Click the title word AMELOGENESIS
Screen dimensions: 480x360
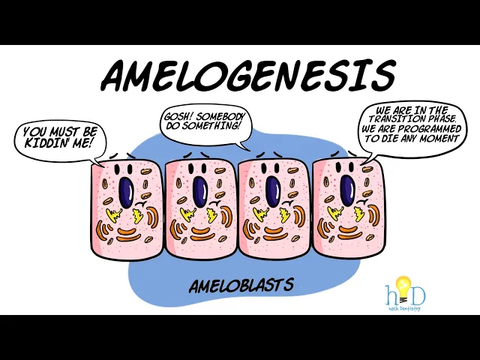click(x=247, y=75)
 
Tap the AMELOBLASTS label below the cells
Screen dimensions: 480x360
click(x=241, y=286)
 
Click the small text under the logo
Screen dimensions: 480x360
click(x=404, y=308)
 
